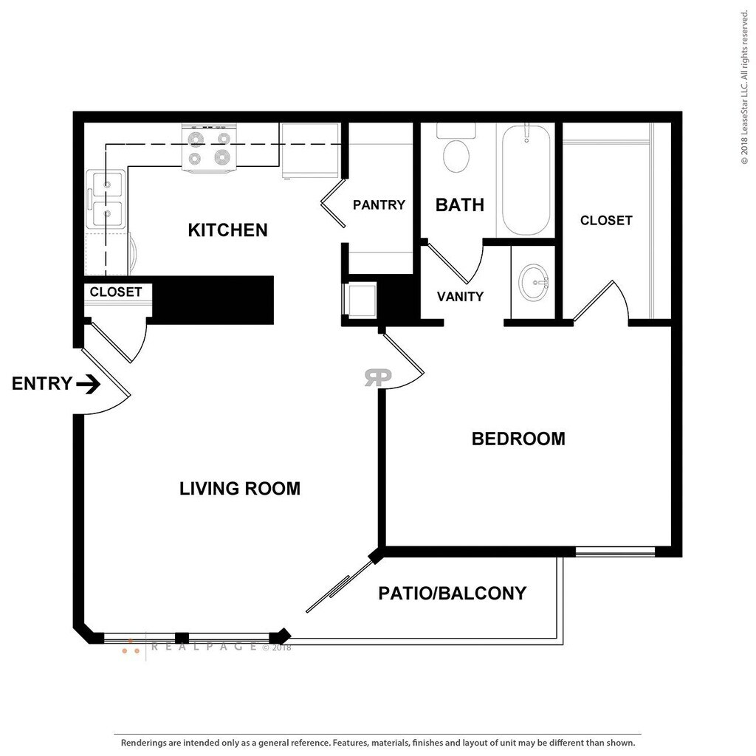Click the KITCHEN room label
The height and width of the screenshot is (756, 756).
227,230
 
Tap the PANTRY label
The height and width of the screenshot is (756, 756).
379,205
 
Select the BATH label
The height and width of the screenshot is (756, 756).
459,205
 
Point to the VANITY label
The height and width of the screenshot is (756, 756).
460,297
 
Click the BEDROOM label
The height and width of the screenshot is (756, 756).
518,439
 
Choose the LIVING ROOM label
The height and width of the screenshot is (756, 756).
240,488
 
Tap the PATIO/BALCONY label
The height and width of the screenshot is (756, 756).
452,593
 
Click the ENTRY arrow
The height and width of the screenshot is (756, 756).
89,384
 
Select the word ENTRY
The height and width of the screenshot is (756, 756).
42,384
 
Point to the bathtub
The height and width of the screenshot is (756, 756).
526,180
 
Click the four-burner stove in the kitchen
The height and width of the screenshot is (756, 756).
208,148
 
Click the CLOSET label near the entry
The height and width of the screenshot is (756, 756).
115,292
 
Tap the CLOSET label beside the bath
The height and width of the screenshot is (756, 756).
605,220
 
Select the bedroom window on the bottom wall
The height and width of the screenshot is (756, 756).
615,551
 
